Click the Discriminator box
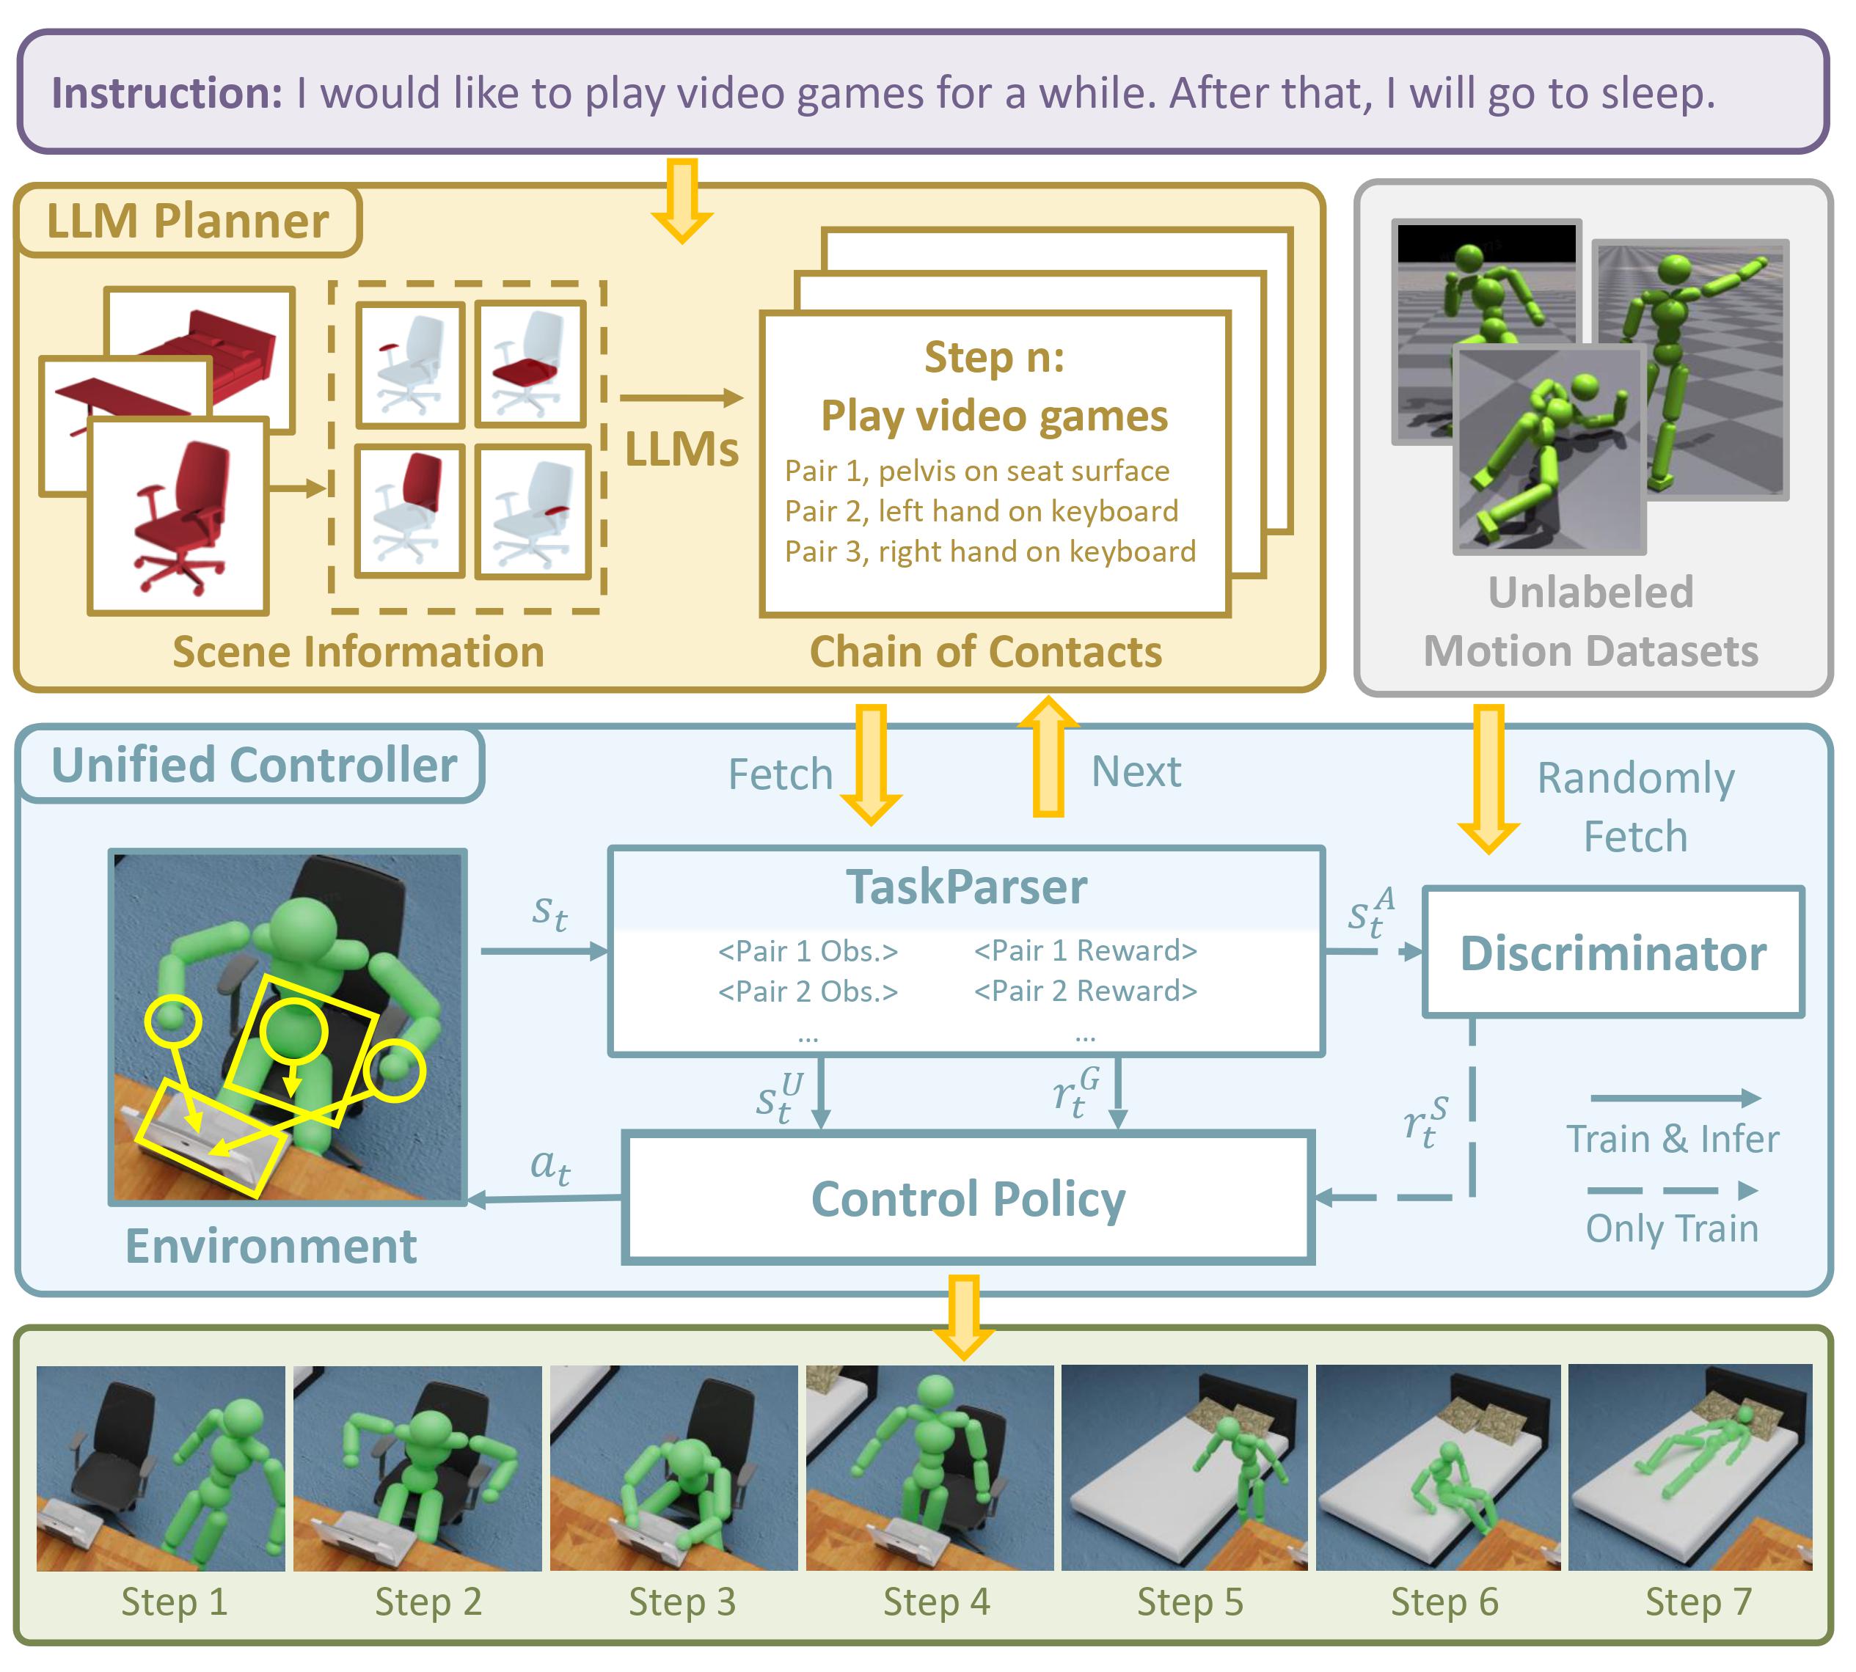point(1612,952)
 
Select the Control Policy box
point(968,1198)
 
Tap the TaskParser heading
point(967,887)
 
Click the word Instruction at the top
point(167,94)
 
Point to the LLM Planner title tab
point(189,221)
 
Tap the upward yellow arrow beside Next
point(1048,756)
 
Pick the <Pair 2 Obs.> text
point(808,991)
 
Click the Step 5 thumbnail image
point(1184,1467)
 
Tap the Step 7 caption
point(1698,1602)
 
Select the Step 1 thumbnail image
point(161,1468)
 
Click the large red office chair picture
point(178,516)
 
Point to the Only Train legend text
point(1671,1228)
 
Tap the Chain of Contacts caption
point(986,651)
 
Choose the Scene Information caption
point(358,651)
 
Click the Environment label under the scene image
point(271,1246)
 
